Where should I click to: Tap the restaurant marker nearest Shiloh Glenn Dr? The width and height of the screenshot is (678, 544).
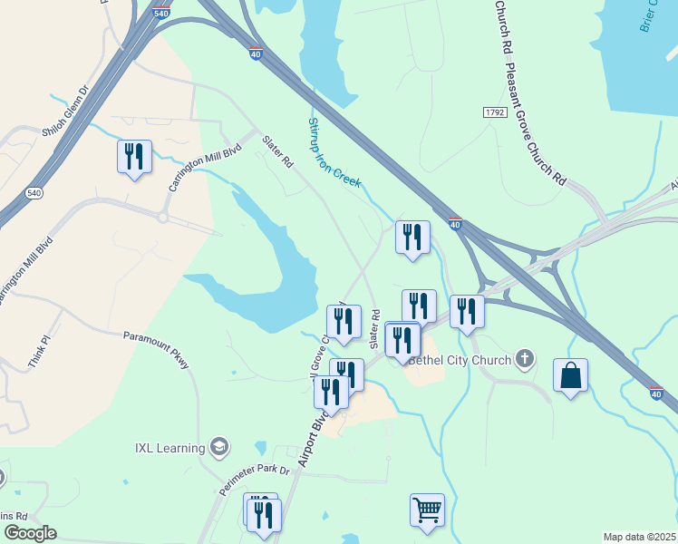tap(134, 157)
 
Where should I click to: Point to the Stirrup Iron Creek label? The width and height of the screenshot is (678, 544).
tap(334, 152)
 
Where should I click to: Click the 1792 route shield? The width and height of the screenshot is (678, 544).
tap(494, 112)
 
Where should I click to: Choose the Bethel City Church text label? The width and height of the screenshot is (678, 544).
tap(460, 360)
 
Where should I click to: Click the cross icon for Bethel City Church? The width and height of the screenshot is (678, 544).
tap(524, 359)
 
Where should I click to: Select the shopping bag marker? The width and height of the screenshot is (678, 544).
tap(570, 375)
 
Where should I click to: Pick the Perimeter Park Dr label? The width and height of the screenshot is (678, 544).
tap(254, 482)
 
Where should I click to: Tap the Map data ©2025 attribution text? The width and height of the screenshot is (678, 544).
tap(639, 537)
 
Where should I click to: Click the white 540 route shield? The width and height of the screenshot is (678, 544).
tap(34, 193)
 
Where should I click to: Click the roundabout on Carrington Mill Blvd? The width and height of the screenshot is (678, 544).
tap(163, 217)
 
